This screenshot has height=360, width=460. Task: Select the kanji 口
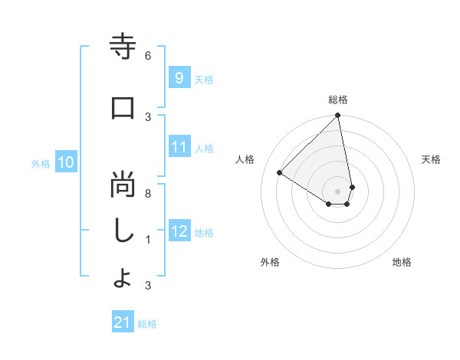tap(123, 109)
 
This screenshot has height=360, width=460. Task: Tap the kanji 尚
tap(123, 186)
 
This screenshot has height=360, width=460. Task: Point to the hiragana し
tap(123, 232)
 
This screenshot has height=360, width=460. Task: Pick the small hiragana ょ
tap(122, 280)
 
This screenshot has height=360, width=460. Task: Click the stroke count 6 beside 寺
tap(148, 56)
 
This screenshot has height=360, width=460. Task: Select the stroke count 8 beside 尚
tap(148, 194)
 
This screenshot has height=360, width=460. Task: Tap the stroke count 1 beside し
tap(148, 240)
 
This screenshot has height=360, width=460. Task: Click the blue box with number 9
tap(179, 77)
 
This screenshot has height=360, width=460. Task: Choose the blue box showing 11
tap(179, 147)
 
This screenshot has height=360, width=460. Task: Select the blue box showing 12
tap(179, 231)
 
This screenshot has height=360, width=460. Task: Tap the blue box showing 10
tap(65, 162)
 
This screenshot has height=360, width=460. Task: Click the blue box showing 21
tap(122, 322)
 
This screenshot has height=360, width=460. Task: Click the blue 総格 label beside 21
tap(147, 324)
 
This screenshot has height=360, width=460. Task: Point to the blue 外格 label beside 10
tap(41, 163)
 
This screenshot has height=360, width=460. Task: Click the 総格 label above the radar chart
tap(338, 100)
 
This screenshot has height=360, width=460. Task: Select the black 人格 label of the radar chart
tap(245, 159)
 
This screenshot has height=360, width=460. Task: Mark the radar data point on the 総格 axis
tap(338, 116)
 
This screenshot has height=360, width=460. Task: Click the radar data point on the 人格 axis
tap(280, 172)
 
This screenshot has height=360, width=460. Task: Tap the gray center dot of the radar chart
tap(338, 191)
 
